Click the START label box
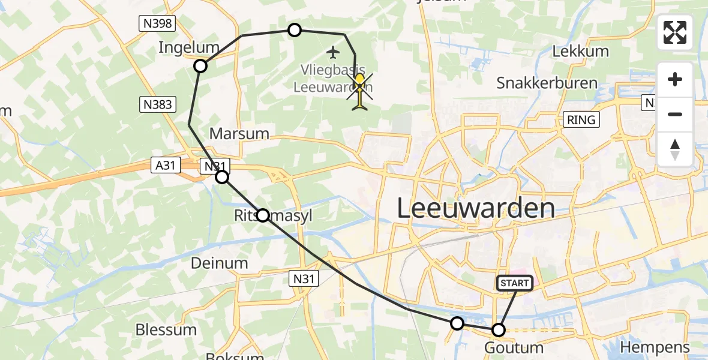[515, 283]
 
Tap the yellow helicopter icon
[359, 93]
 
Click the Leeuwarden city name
[476, 209]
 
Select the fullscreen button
[675, 32]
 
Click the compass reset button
[675, 149]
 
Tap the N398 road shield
[158, 23]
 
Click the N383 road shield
[158, 104]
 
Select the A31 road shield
[165, 165]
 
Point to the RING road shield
[581, 120]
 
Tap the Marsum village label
[239, 133]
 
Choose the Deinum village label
[219, 263]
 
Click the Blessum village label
[166, 329]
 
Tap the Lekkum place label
[580, 51]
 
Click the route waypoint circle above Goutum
[499, 329]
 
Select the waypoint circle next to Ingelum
[201, 66]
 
